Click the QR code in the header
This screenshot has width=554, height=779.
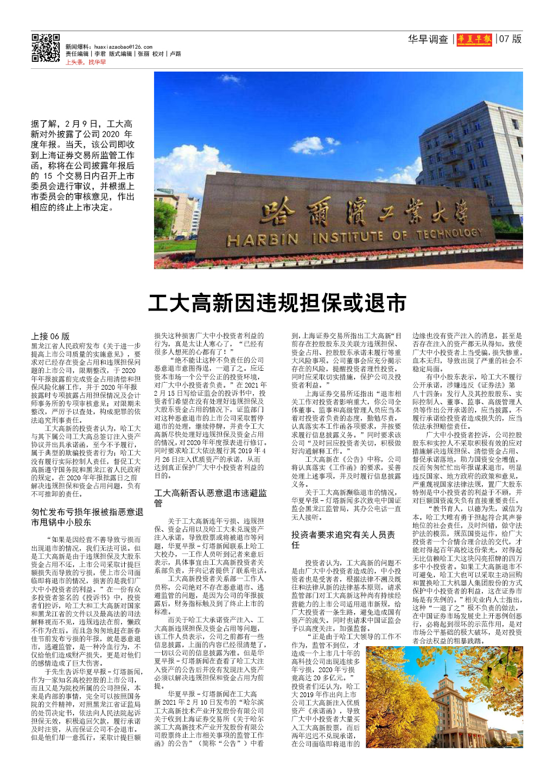click(46, 48)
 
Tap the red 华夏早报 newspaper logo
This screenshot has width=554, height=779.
click(474, 39)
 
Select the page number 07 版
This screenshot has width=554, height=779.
click(510, 39)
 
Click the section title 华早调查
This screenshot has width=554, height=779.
click(428, 40)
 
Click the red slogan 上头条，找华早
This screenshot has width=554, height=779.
click(86, 62)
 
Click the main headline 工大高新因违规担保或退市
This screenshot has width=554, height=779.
click(277, 303)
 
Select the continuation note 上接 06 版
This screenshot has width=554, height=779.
click(50, 336)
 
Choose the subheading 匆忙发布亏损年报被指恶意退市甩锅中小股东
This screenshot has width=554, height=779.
click(87, 517)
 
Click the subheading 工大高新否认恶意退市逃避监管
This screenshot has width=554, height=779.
click(211, 498)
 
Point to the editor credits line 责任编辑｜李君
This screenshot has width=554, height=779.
click(86, 54)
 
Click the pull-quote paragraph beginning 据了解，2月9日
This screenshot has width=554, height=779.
click(82, 165)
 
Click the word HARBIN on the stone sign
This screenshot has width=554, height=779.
click(263, 240)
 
